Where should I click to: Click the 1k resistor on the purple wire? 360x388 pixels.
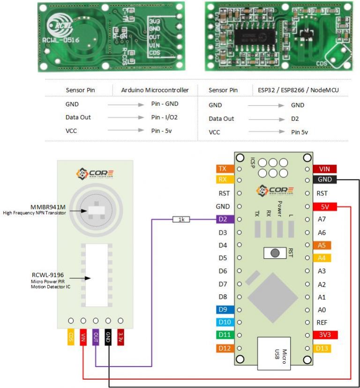coord(181,219)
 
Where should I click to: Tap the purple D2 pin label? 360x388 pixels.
coord(223,219)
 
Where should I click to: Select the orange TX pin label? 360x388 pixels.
coord(223,168)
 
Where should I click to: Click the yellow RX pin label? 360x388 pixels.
coord(223,179)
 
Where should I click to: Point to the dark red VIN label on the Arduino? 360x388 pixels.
coord(324,169)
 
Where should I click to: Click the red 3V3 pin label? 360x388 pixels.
coord(324,335)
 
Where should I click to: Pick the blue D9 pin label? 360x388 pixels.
coord(223,309)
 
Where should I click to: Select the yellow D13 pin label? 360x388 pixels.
coord(322,348)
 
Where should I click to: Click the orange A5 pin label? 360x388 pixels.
coord(322,245)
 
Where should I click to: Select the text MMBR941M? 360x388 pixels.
coord(48,207)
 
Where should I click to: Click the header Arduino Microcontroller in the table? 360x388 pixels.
coord(155,90)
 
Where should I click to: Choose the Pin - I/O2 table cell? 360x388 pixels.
coord(164,117)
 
